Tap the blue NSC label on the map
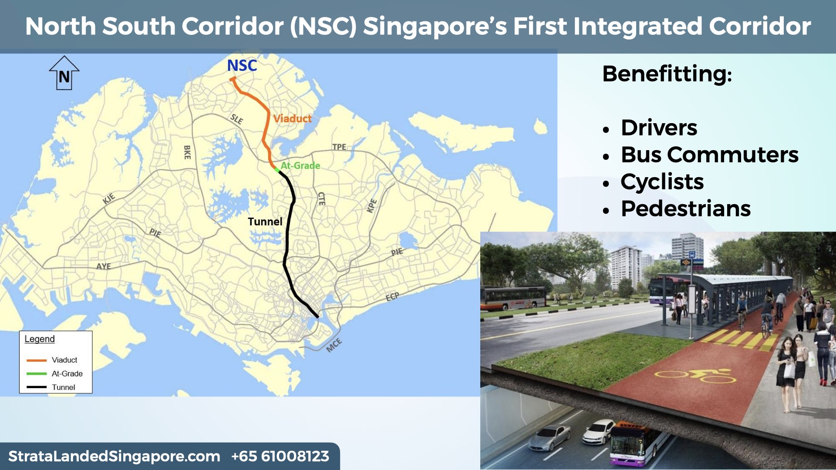click(242, 66)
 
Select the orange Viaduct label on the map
click(292, 118)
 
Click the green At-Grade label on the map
click(300, 165)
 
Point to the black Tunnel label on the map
click(265, 222)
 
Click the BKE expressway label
click(187, 152)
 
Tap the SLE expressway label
click(237, 119)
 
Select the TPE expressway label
click(339, 147)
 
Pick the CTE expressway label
click(321, 198)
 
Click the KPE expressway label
click(371, 205)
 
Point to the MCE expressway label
click(334, 345)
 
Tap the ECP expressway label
click(392, 297)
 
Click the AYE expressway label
click(104, 266)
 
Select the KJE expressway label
click(109, 199)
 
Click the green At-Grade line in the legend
click(37, 373)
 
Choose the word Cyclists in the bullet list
click(662, 181)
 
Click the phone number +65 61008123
click(280, 456)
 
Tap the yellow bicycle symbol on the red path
click(695, 375)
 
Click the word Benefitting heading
click(667, 74)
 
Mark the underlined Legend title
click(40, 339)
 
